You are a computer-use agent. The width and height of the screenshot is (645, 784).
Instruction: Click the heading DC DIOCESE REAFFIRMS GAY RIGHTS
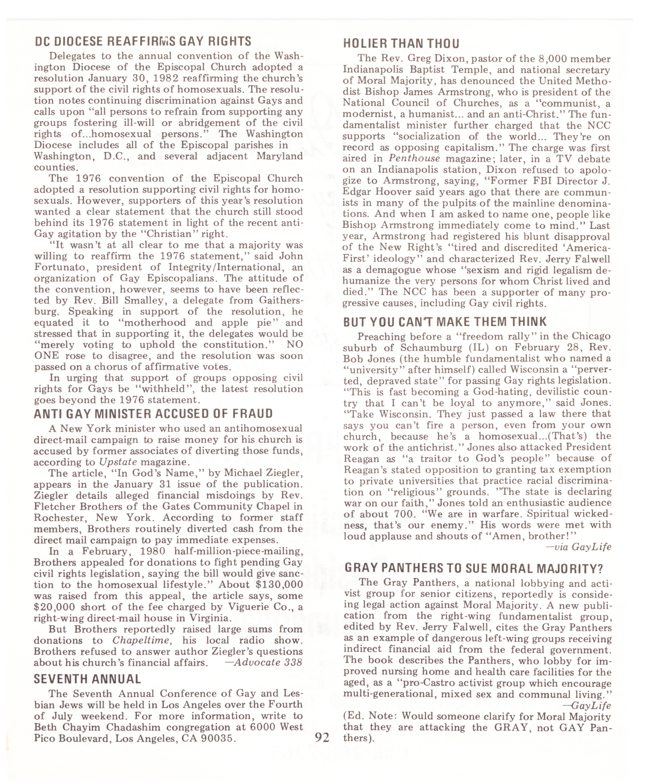(x=143, y=41)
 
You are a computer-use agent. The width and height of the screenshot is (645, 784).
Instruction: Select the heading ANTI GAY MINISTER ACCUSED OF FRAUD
(x=153, y=414)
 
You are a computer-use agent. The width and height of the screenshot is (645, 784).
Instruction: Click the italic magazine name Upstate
(x=118, y=462)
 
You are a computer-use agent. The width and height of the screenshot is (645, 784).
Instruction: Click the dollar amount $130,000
(x=279, y=584)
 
